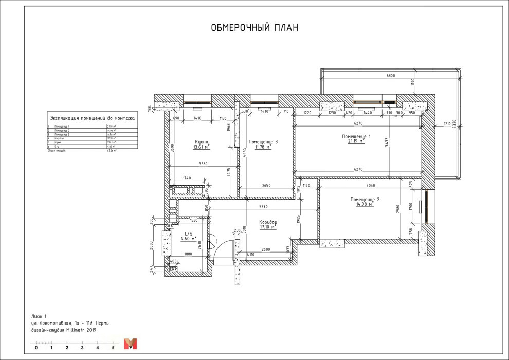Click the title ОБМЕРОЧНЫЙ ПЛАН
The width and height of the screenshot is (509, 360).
tap(254, 28)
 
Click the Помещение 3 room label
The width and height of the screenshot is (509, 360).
tap(263, 141)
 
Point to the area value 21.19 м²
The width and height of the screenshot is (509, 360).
tap(355, 141)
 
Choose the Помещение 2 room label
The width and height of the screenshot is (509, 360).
tap(365, 199)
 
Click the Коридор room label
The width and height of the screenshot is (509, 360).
tap(268, 222)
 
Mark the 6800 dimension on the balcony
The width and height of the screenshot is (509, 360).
tap(391, 76)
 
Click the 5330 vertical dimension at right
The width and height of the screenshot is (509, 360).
tap(453, 125)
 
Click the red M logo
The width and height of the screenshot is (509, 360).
tap(131, 344)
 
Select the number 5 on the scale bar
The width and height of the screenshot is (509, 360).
tap(113, 348)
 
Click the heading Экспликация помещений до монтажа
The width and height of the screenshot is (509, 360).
tap(91, 118)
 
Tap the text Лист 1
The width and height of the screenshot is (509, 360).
tap(39, 315)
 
